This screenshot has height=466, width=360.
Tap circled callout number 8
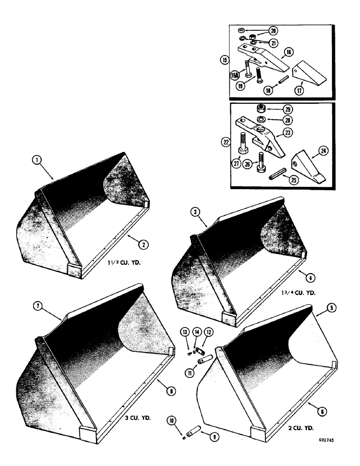[x=172, y=392]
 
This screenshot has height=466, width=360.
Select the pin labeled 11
[x=204, y=361]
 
